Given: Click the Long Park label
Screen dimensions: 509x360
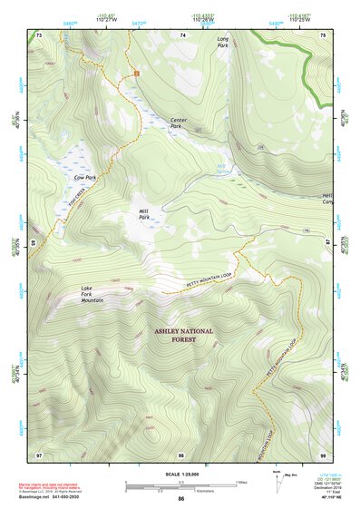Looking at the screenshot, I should (223, 42).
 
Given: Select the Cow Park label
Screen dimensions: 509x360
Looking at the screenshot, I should (85, 178).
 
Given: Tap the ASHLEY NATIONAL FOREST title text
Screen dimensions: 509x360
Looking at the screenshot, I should (183, 336).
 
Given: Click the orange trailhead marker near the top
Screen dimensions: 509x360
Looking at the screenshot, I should (136, 71).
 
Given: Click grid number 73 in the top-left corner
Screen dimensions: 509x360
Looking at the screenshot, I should (38, 34).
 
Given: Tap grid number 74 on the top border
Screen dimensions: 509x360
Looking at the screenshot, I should (182, 34).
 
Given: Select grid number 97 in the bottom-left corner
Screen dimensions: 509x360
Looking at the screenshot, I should (38, 454).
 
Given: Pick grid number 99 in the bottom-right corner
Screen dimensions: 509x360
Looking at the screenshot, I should (322, 454).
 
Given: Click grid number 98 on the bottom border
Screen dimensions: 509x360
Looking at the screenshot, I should (181, 454).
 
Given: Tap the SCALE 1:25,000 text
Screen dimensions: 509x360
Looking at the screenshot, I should (180, 475).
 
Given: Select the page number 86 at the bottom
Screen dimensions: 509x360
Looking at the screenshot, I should (180, 499).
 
